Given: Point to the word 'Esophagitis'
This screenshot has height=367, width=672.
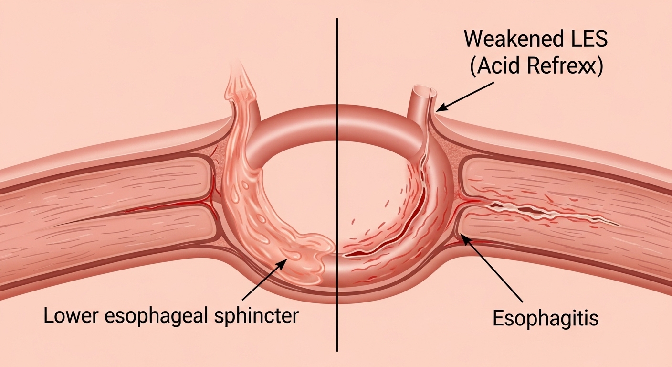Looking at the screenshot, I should pyautogui.click(x=545, y=318).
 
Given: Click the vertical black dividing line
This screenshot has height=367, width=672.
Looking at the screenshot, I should pyautogui.click(x=337, y=191).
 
